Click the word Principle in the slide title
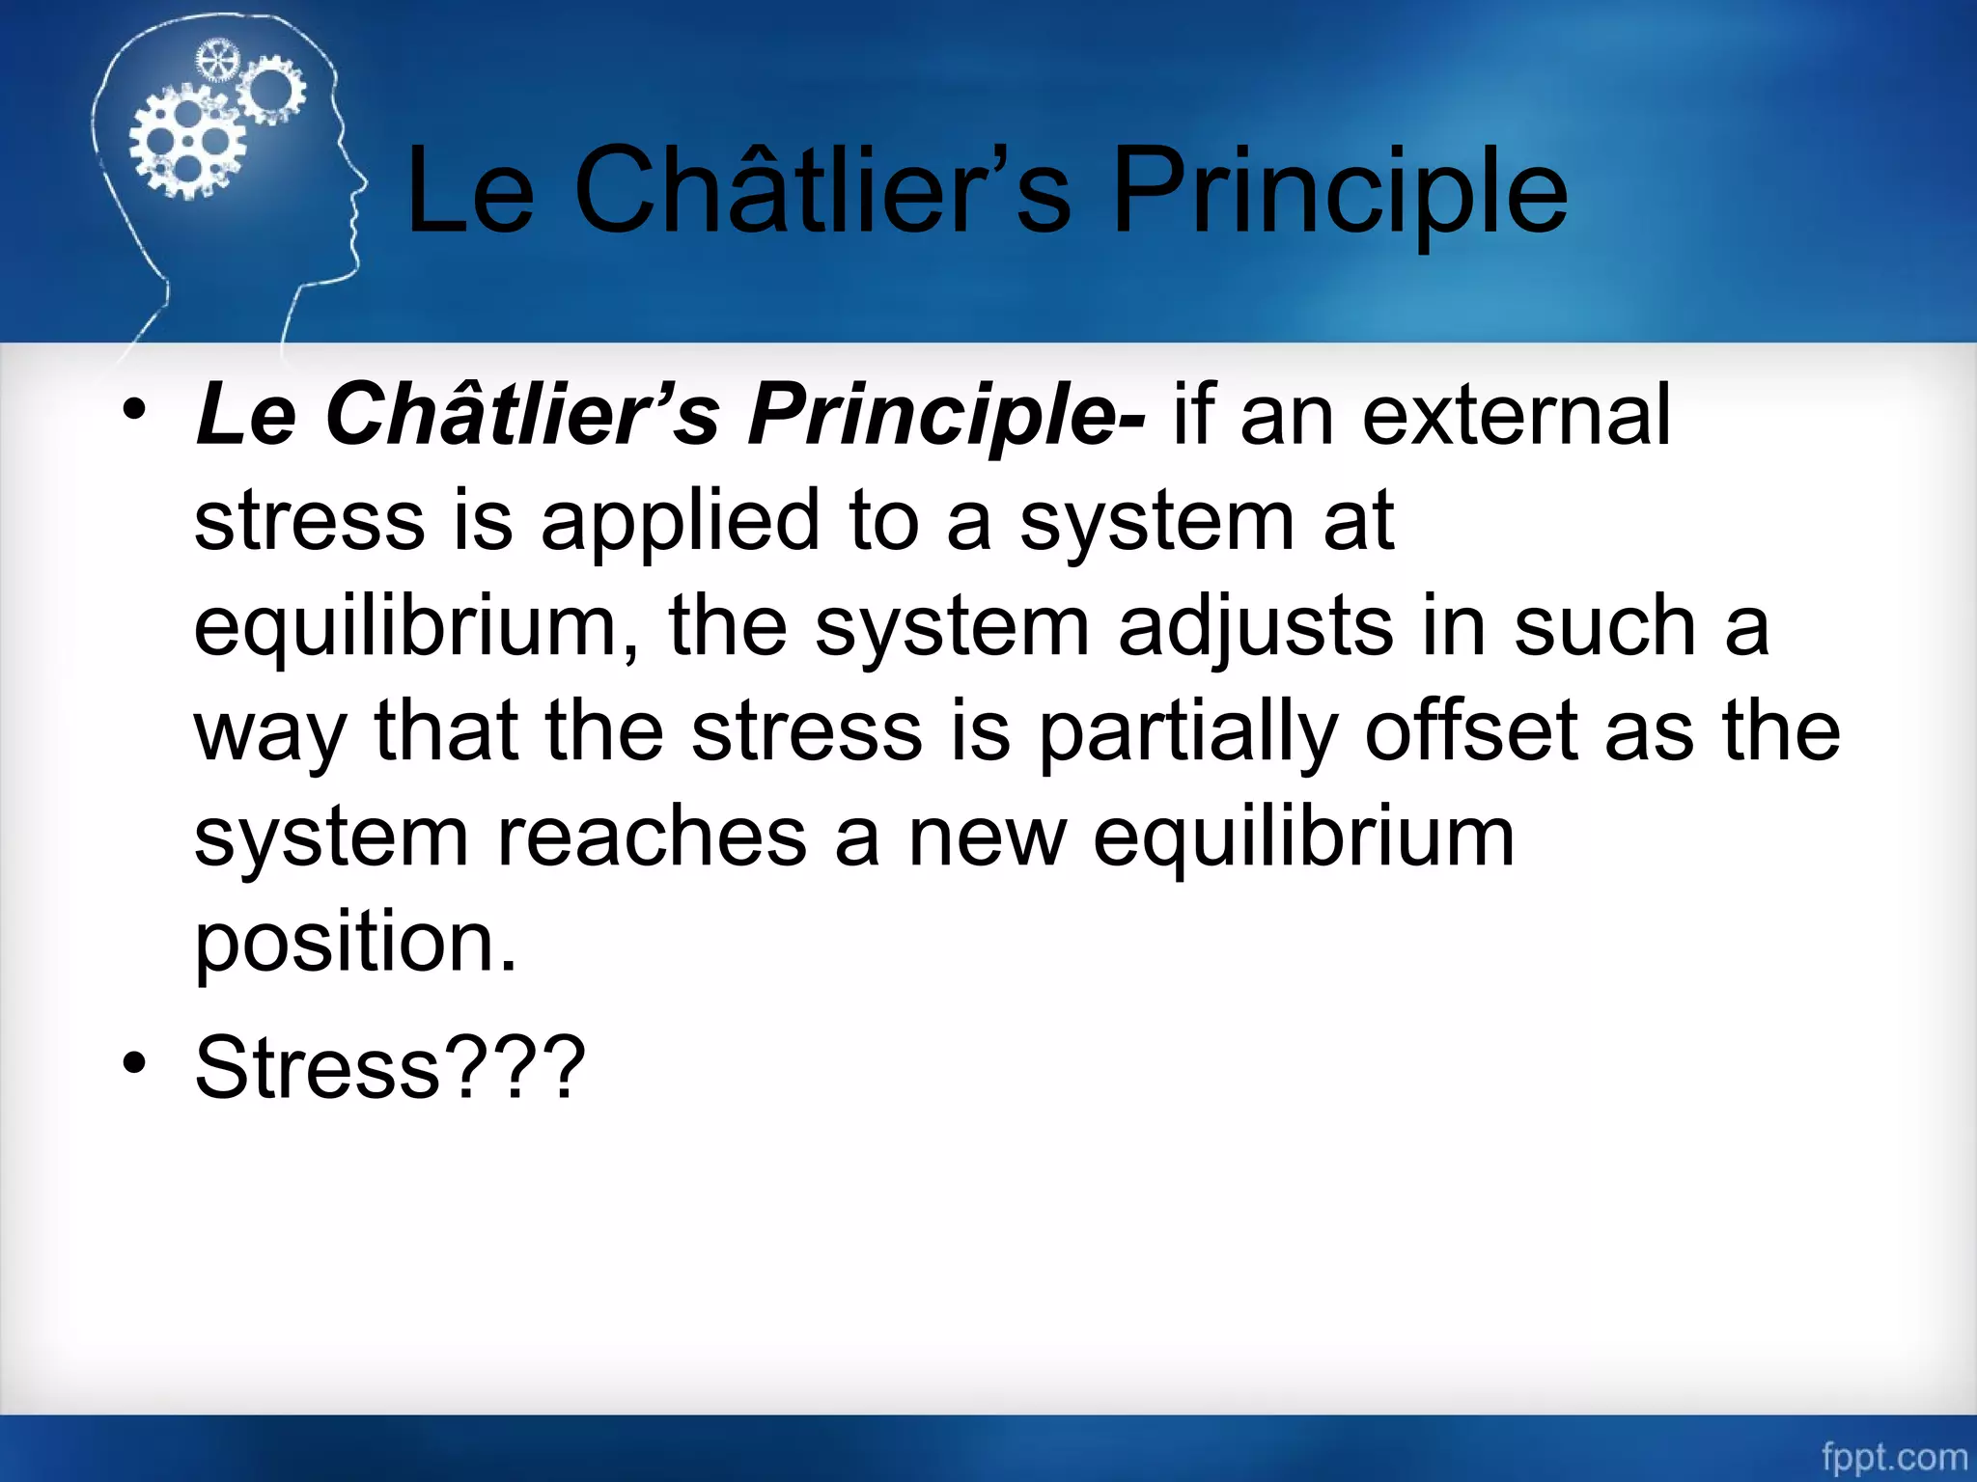(1339, 192)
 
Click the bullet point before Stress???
(134, 1064)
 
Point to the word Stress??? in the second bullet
(390, 1067)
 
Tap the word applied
(680, 521)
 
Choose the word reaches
(652, 837)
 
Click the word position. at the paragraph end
(355, 942)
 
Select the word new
(987, 837)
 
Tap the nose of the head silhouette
(364, 182)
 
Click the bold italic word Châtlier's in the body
(522, 414)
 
